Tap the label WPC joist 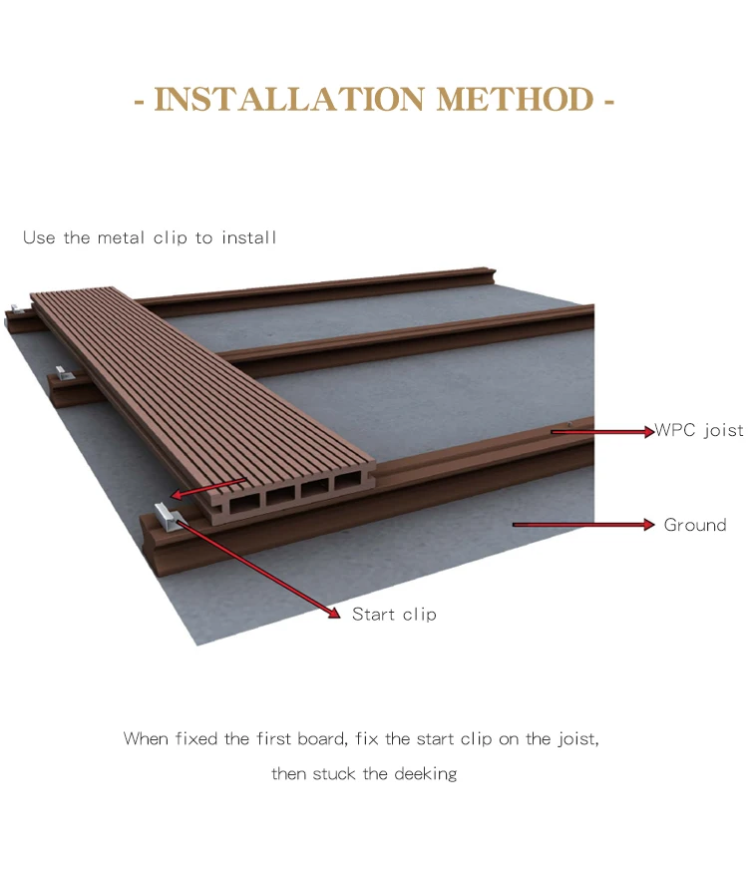[699, 431]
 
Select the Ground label [695, 525]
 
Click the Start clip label [394, 615]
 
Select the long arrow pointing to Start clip [259, 567]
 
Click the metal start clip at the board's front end [164, 518]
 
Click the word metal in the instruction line [122, 237]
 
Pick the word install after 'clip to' [248, 237]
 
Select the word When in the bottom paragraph [147, 739]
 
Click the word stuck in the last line [337, 773]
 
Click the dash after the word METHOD [608, 102]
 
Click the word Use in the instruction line [38, 237]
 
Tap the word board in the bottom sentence [320, 739]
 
